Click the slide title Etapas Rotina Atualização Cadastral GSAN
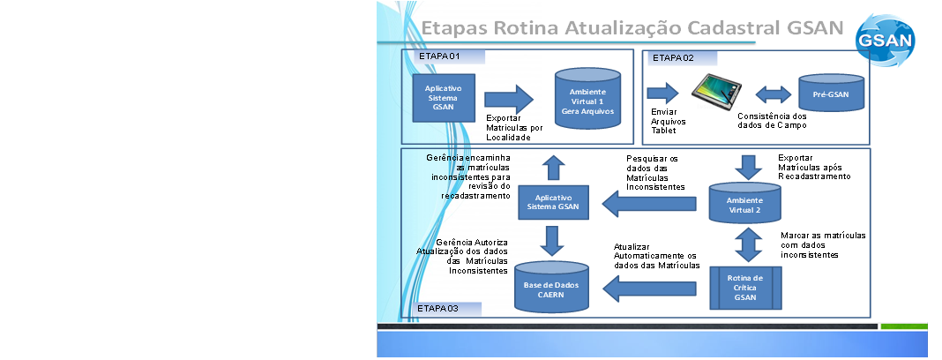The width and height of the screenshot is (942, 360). pos(632,26)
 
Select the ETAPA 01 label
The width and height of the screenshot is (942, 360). pos(440,56)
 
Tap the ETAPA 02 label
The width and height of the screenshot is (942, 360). pos(673,58)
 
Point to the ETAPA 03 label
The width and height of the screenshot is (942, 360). pos(438,309)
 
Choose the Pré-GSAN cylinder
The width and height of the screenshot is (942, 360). pos(831,94)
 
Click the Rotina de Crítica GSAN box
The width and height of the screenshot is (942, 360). pos(745,288)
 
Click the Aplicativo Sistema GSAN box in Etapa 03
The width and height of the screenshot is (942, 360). pos(553,203)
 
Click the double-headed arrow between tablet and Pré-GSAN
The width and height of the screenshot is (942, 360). pos(773,94)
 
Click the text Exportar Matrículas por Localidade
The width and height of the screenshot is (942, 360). pos(514,128)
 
